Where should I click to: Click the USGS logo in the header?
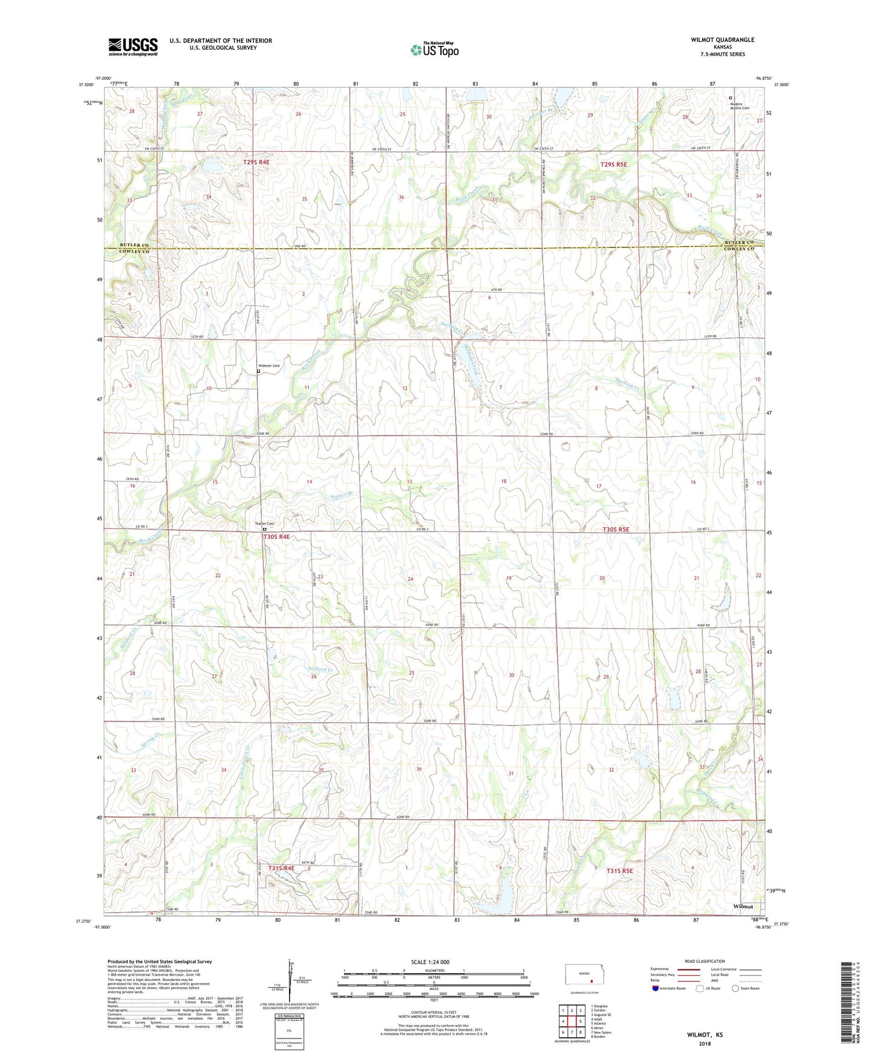tap(132, 47)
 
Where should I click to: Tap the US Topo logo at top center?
tap(434, 50)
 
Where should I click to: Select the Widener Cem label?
tap(269, 366)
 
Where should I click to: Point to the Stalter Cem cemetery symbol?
tap(264, 529)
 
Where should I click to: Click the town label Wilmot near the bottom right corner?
tap(743, 906)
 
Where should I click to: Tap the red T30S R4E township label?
tap(276, 536)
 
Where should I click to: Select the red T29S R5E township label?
tap(613, 165)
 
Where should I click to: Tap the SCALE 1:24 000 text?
tap(430, 962)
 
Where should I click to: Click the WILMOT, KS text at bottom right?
tap(705, 1035)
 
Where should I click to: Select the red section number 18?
tap(503, 481)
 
